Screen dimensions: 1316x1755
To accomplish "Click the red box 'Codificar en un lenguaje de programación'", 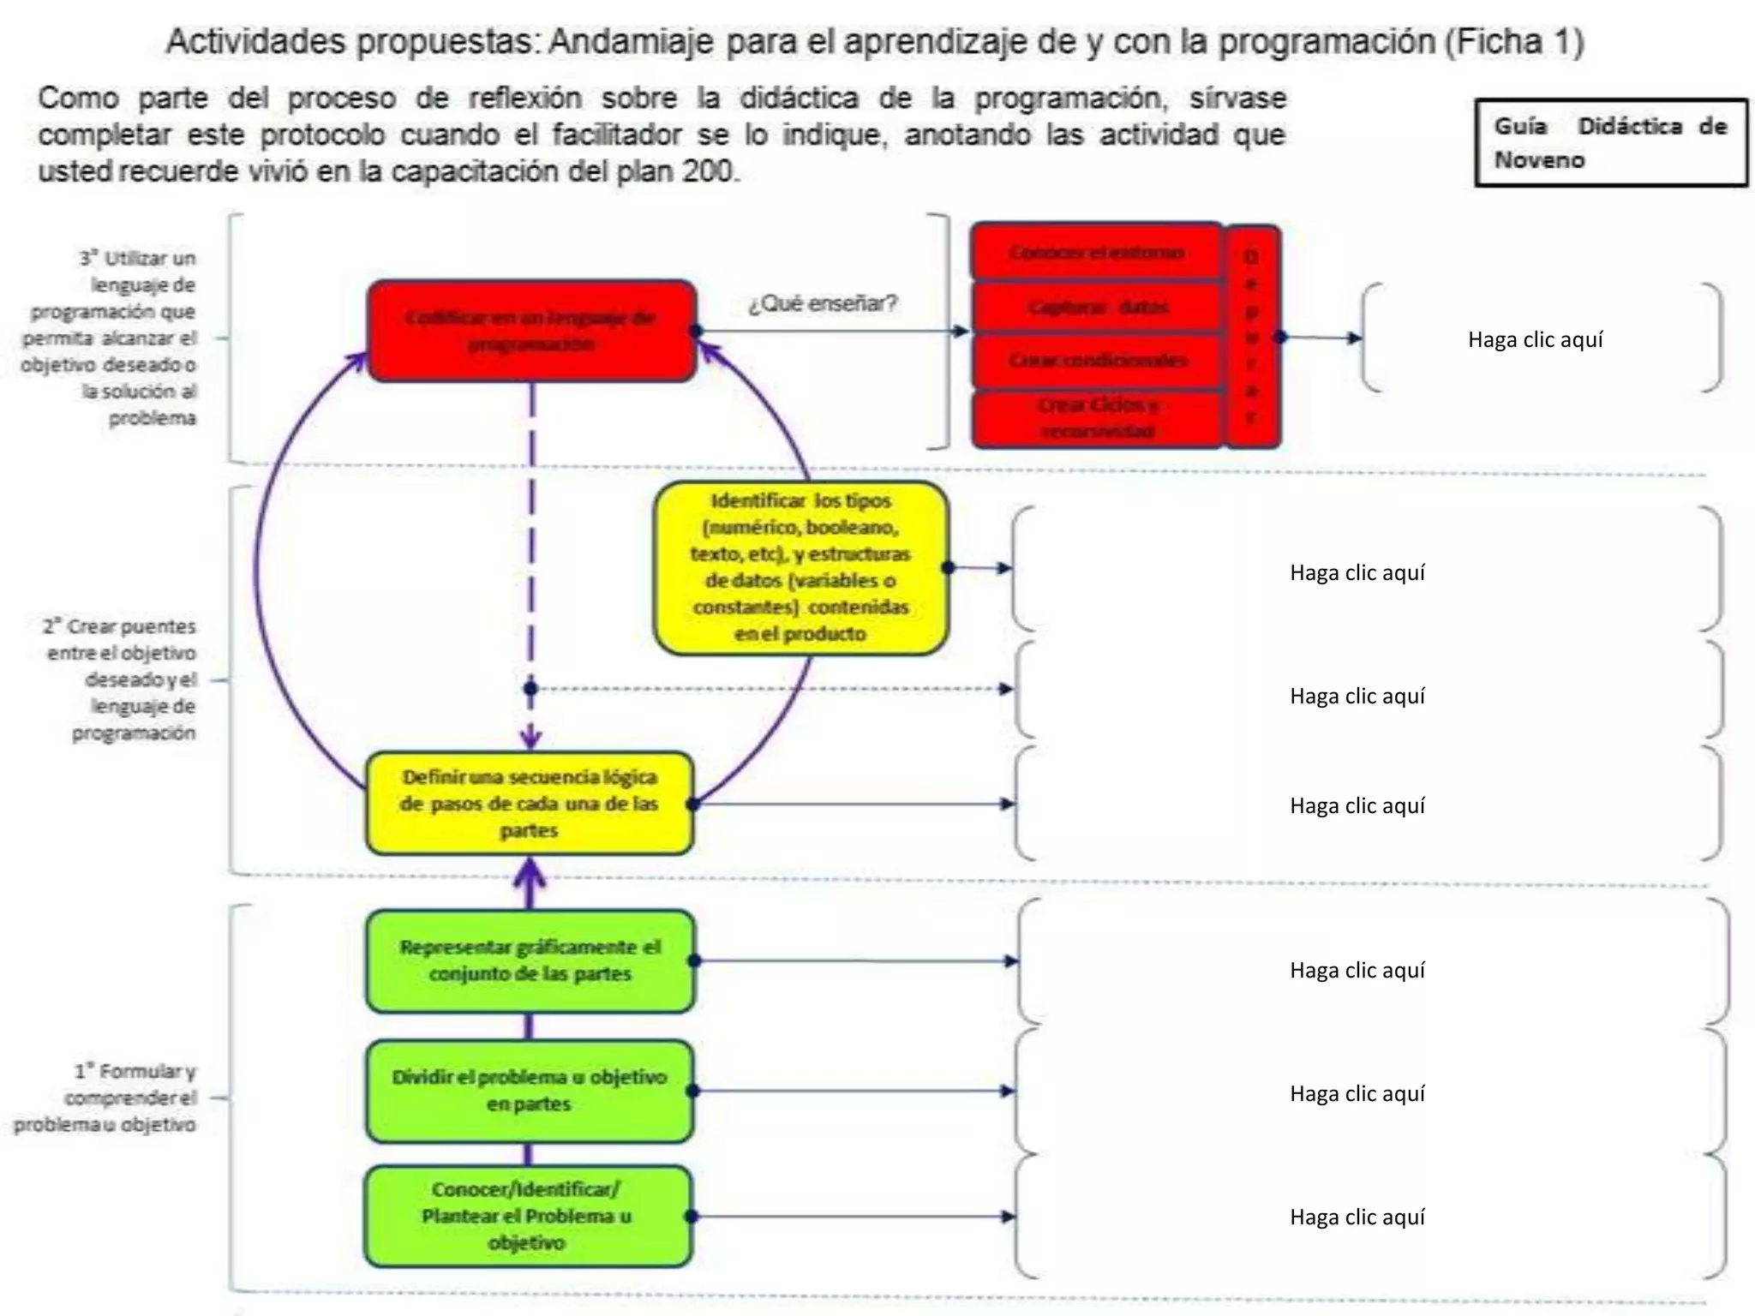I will [531, 331].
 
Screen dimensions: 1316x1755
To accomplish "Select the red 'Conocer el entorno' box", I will [1096, 252].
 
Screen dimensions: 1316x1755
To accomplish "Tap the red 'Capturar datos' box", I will [1097, 307].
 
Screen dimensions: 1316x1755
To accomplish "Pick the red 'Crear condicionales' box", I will [1097, 361].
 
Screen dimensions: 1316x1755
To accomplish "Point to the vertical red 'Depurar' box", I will [1252, 336].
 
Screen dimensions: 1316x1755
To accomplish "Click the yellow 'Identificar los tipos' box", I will [800, 567].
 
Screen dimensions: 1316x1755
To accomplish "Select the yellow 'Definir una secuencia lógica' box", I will [530, 803].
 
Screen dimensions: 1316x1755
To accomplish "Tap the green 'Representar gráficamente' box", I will [530, 960].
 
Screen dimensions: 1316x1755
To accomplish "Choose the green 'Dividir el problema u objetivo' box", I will [530, 1090].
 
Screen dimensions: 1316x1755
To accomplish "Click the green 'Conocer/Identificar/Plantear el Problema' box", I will [528, 1216].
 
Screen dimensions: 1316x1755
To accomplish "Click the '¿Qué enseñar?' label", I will [823, 303].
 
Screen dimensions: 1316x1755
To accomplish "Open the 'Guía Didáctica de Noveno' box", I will [1610, 142].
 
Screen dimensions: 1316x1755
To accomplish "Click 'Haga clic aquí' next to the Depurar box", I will [1535, 339].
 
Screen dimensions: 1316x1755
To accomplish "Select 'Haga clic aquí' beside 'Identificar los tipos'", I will [1357, 572].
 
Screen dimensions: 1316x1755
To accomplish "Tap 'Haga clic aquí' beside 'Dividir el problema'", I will [1357, 1093].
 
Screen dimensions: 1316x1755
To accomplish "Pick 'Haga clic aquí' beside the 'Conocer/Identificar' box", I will [1357, 1217].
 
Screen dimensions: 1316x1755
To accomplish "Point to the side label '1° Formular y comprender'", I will [107, 1098].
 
